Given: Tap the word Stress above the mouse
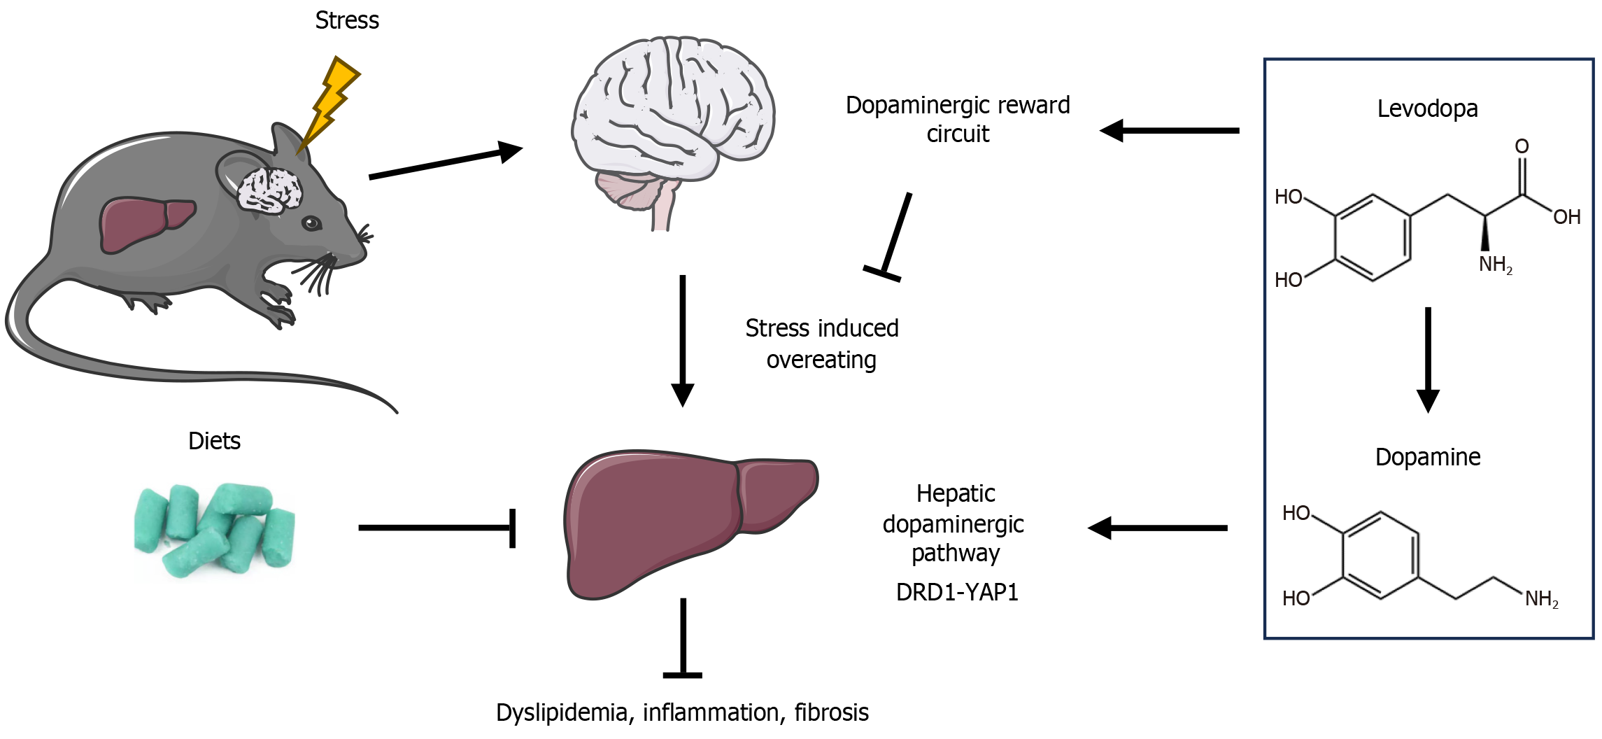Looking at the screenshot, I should point(347,20).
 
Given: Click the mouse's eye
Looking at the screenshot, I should point(311,224).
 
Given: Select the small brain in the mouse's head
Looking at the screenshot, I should point(269,190).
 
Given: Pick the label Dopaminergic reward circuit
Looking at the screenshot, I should point(958,119).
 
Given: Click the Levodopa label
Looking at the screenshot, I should point(1427,108).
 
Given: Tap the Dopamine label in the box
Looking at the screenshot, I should point(1428,456).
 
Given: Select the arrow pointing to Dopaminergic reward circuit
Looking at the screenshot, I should point(1169,130).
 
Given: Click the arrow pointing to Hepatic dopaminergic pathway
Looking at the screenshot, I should point(1158,528).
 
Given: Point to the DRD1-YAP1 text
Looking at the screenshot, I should point(957,592).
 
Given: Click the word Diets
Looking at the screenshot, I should point(214,441).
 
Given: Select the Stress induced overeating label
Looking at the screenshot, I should point(822,344).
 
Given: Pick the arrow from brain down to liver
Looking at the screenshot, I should point(682,339).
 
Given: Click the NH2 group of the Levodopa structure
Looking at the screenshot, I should point(1495,265).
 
